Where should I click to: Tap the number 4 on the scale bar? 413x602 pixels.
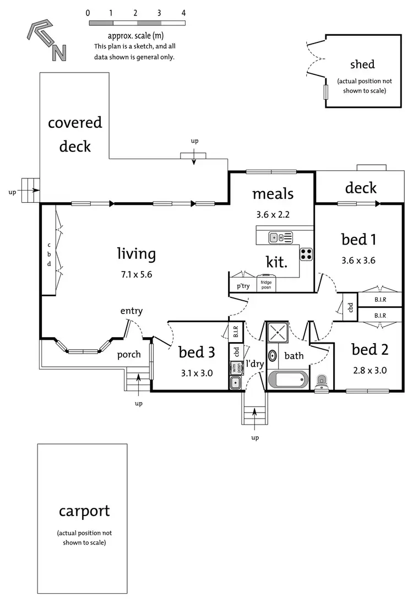tap(183, 13)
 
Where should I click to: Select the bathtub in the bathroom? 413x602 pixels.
tap(287, 379)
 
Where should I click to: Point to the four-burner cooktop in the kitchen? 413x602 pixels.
tap(306, 254)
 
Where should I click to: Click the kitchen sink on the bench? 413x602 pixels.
tap(280, 238)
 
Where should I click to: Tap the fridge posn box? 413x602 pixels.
tap(267, 284)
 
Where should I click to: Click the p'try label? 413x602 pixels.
tap(242, 286)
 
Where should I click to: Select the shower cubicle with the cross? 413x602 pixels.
tap(278, 333)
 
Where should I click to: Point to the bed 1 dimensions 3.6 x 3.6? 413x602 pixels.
tap(358, 261)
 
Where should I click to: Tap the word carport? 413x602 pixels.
tap(84, 511)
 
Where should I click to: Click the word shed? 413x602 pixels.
tap(362, 64)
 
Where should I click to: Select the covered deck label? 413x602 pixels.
tap(75, 134)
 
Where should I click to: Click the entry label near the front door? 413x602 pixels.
tap(132, 311)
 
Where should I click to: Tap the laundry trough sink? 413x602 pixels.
tap(236, 383)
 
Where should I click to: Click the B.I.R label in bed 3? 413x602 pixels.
tap(236, 332)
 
